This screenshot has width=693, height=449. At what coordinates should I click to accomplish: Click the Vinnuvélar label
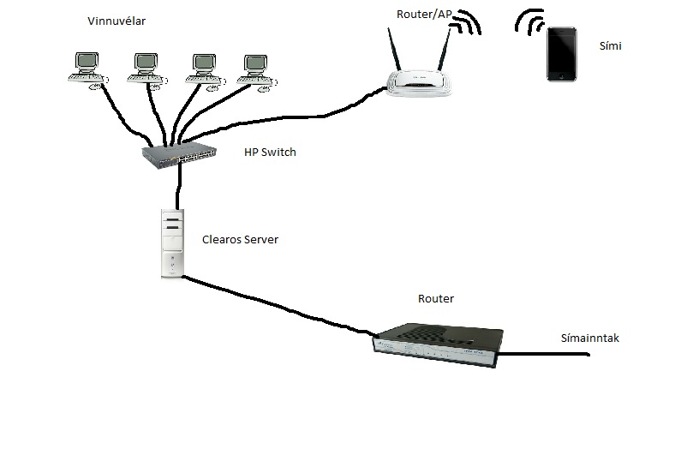tap(116, 21)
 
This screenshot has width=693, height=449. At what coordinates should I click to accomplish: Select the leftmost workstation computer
tap(86, 69)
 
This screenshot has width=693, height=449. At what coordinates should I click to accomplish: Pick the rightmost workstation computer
tap(254, 69)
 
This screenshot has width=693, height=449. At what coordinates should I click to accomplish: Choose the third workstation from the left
tap(203, 69)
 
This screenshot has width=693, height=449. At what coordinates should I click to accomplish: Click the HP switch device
tap(180, 155)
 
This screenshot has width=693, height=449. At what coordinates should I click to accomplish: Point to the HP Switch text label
tap(270, 153)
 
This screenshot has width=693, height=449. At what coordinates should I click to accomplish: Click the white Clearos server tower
tap(172, 243)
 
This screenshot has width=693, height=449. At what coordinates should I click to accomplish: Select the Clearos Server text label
tap(240, 240)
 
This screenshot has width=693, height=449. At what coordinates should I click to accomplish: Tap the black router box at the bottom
tap(435, 344)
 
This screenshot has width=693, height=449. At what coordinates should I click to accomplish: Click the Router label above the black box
tap(436, 299)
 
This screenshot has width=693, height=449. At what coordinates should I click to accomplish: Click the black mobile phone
tap(562, 54)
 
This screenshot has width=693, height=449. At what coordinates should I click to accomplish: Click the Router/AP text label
tap(423, 15)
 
